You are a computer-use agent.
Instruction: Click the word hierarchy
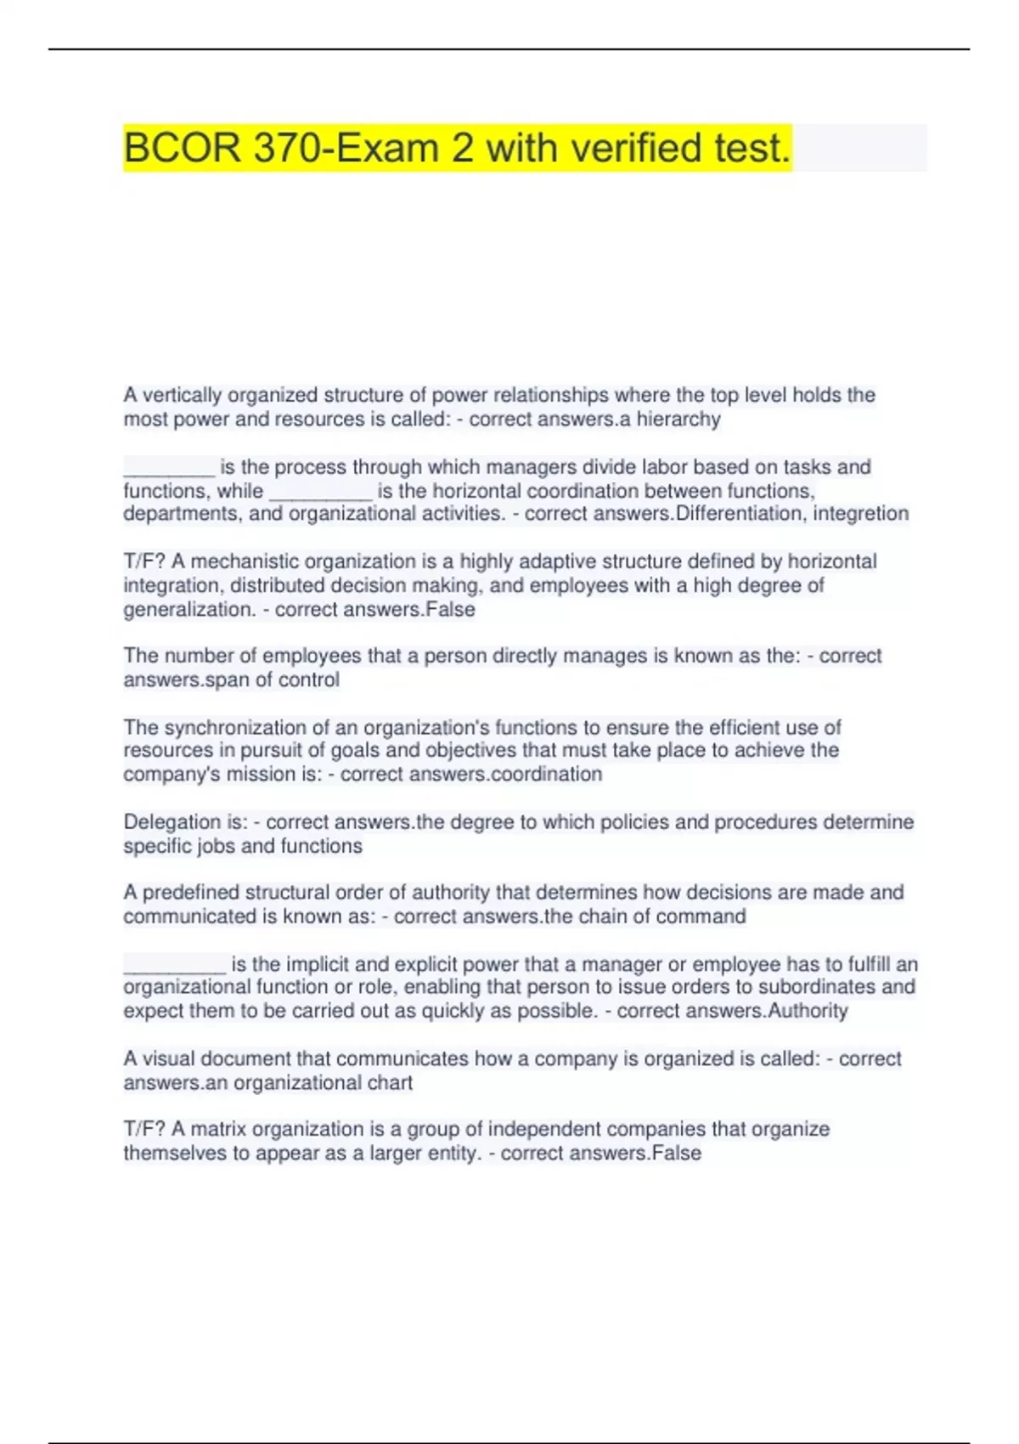point(678,420)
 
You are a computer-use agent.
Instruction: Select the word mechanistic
point(245,561)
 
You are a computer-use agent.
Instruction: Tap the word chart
point(391,1083)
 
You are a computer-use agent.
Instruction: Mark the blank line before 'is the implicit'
point(175,967)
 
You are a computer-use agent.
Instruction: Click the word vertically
point(182,396)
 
